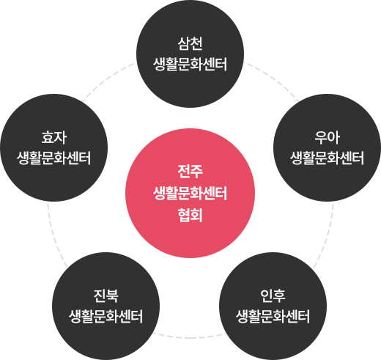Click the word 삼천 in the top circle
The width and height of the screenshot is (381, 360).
tap(190, 44)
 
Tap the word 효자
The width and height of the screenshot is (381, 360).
tap(54, 137)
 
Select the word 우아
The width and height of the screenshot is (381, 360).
tap(327, 137)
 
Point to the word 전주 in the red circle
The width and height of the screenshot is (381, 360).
tap(190, 171)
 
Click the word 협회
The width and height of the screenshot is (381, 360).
tap(190, 215)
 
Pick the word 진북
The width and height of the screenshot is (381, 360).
tap(106, 295)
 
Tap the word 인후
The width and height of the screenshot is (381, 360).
tap(273, 295)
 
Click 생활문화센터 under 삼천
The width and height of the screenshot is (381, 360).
tap(190, 65)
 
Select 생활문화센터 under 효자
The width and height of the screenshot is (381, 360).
tap(54, 158)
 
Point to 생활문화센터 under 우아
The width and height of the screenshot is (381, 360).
tap(327, 158)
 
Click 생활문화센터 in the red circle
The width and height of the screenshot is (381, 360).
tap(190, 194)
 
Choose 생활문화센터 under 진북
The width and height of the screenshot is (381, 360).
tap(106, 316)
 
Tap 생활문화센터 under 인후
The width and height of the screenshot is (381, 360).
tap(273, 316)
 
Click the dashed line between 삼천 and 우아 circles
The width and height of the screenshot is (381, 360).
tap(273, 78)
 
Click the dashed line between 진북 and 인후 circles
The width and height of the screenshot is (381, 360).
tap(189, 337)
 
